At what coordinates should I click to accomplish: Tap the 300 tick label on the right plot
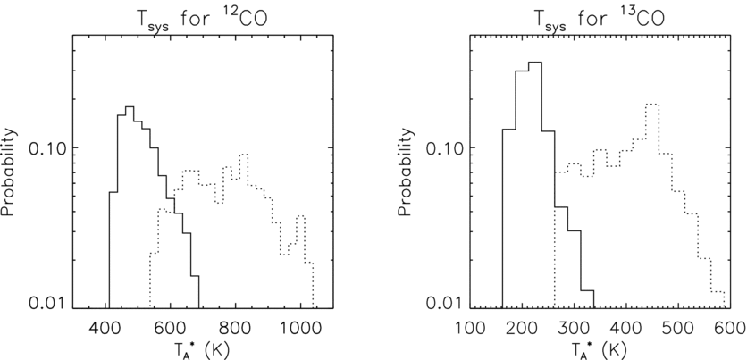click(575, 323)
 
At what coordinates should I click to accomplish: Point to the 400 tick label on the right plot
click(626, 323)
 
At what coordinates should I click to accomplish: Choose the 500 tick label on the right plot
click(678, 323)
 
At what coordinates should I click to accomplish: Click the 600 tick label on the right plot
click(729, 323)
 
